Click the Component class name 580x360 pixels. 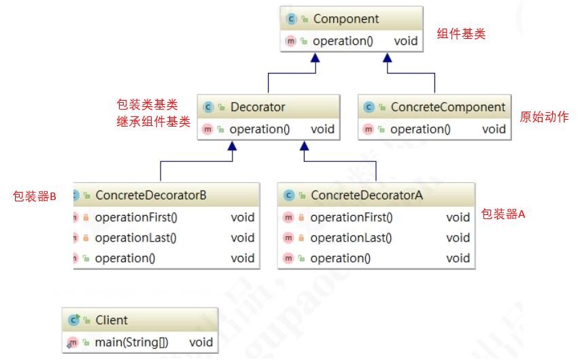click(x=346, y=19)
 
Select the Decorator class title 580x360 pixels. click(x=258, y=107)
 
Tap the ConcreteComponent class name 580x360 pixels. click(x=448, y=107)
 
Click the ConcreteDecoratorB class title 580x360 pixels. click(x=151, y=195)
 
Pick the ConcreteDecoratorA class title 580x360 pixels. click(x=366, y=195)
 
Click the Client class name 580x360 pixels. click(x=112, y=320)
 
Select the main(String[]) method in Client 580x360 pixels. click(x=132, y=342)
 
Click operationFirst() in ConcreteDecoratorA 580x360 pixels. click(x=352, y=217)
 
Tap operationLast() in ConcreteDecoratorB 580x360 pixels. click(x=136, y=238)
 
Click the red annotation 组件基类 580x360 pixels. click(x=462, y=34)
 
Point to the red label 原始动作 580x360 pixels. click(x=544, y=117)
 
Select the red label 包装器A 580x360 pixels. click(x=503, y=214)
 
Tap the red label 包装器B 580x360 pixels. click(x=34, y=197)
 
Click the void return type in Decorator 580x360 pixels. click(x=323, y=129)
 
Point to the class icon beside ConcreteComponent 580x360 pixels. click(x=369, y=108)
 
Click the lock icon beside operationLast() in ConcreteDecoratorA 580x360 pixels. click(x=300, y=238)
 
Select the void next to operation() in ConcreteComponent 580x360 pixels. click(x=494, y=129)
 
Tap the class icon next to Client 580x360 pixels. click(x=74, y=320)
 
